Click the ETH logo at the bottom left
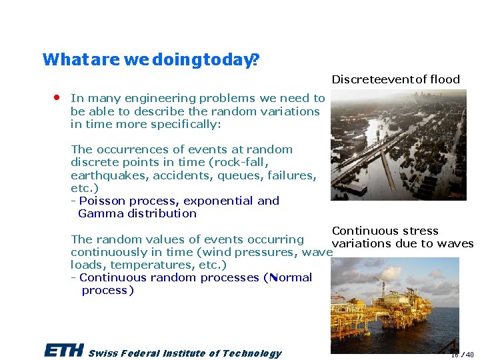pyautogui.click(x=63, y=351)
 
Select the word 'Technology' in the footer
pyautogui.click(x=252, y=353)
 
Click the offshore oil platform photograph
pyautogui.click(x=395, y=305)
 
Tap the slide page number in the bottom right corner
pyautogui.click(x=464, y=355)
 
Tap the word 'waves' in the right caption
pyautogui.click(x=456, y=243)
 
